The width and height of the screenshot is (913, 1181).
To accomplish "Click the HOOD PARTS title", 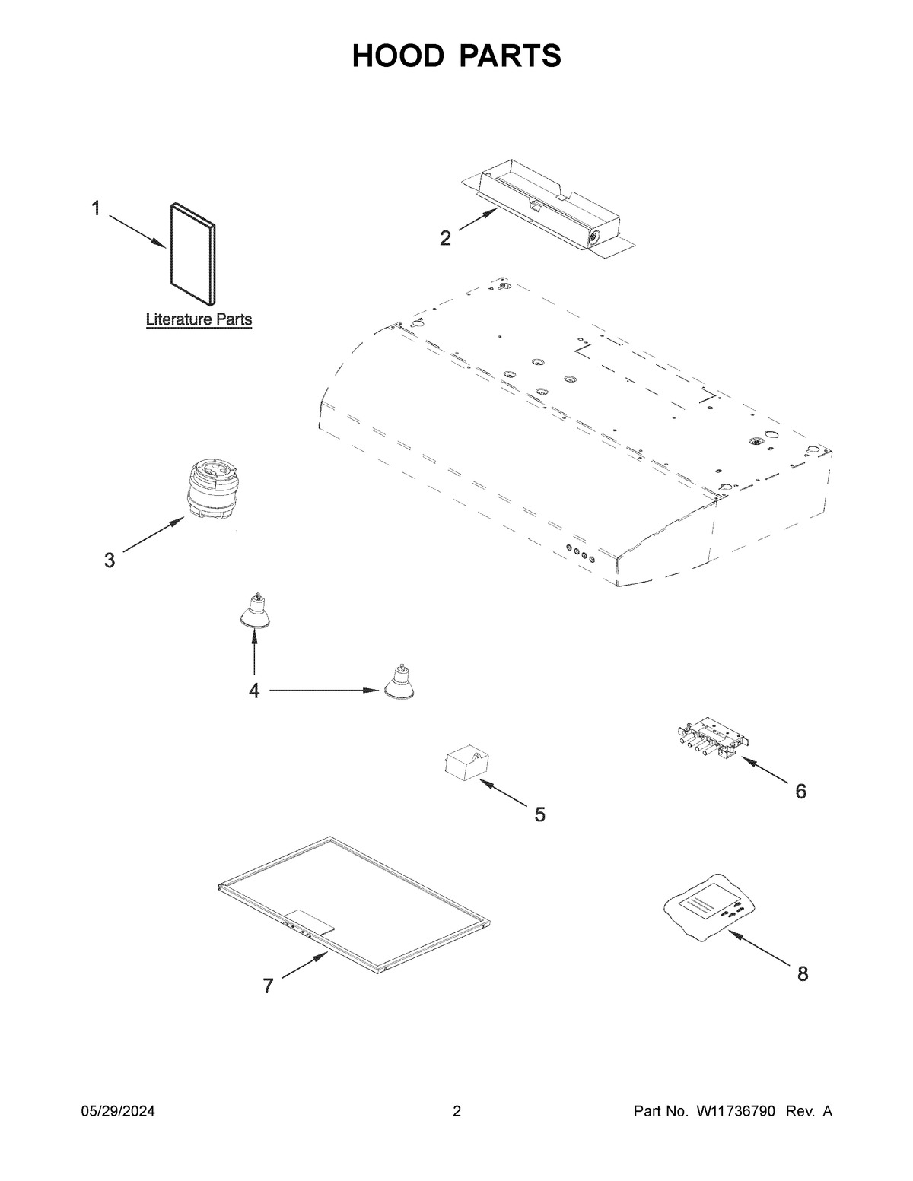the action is point(456,56).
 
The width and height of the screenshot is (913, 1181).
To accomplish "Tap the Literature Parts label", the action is point(199,319).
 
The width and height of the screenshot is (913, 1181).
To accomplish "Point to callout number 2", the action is point(446,238).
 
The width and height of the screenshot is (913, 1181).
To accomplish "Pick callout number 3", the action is point(110,560).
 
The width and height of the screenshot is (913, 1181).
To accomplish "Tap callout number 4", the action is point(253,691).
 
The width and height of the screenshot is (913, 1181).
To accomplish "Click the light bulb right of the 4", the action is point(398,683).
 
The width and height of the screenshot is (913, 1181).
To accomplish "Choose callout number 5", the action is point(539,815).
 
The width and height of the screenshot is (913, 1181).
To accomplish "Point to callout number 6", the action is point(800,792).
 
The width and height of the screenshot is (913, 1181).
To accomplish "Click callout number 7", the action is point(268,986).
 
